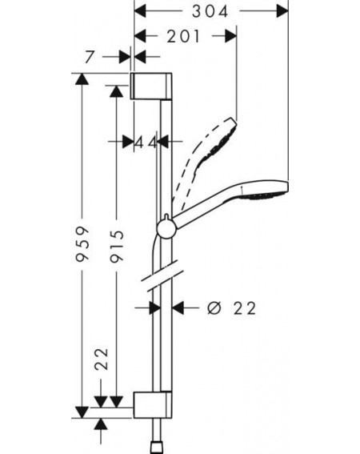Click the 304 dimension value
(210, 11)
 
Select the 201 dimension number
(183, 37)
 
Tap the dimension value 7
(90, 57)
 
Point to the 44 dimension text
(146, 142)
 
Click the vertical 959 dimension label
(82, 244)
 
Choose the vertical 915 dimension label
(117, 246)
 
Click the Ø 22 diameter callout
(232, 308)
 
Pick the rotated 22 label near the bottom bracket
(102, 359)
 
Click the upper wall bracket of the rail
(151, 86)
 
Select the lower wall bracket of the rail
(152, 405)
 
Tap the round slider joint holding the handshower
(166, 228)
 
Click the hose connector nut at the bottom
(157, 448)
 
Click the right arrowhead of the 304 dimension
(282, 11)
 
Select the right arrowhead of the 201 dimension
(231, 36)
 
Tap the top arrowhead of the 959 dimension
(82, 78)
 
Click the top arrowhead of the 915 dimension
(117, 91)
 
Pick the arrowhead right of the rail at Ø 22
(178, 307)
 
